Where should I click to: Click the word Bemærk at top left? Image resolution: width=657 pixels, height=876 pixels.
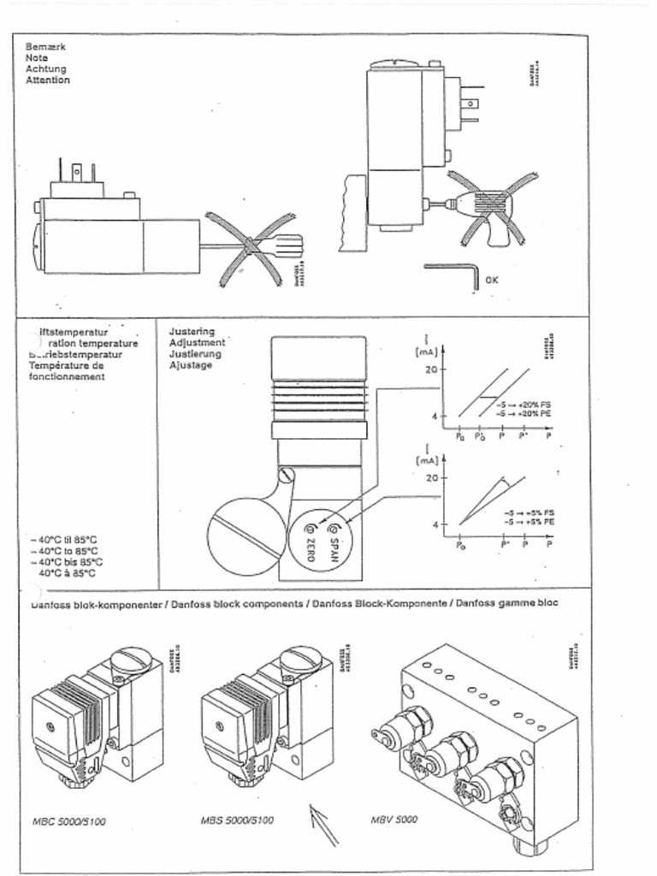coord(45,46)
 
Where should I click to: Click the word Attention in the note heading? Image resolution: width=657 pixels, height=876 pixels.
coord(48,80)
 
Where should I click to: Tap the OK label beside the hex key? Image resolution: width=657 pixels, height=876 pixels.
coord(491,280)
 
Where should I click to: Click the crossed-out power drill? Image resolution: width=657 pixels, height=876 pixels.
coord(488,208)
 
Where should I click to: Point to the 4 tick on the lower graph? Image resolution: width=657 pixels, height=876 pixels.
coord(434,524)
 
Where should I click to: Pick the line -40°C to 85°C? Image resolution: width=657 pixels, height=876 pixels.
coord(64,551)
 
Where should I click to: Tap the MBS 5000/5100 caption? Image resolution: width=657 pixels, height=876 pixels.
coord(237,820)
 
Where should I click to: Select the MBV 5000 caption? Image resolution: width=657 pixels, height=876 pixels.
coord(394,819)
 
